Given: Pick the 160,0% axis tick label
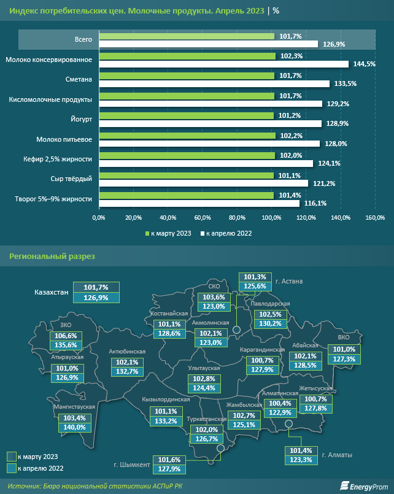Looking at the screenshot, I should point(375,217).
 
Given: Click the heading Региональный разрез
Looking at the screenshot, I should point(52,256).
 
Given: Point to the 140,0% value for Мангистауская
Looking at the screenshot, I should point(78,427).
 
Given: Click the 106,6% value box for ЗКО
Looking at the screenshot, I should point(66,336).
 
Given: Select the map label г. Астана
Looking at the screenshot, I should point(290,281).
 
